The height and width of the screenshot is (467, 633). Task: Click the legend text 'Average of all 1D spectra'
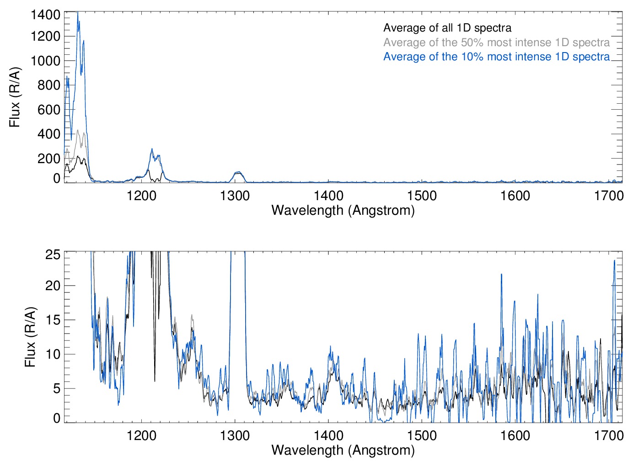pyautogui.click(x=447, y=28)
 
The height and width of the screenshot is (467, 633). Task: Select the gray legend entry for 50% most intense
pyautogui.click(x=496, y=42)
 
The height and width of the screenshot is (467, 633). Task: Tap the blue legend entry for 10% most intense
pyautogui.click(x=496, y=57)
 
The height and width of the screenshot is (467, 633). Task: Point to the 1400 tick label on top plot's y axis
pyautogui.click(x=45, y=15)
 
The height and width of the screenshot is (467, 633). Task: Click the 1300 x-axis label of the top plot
pyautogui.click(x=235, y=196)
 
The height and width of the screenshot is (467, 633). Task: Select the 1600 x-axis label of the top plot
pyautogui.click(x=515, y=196)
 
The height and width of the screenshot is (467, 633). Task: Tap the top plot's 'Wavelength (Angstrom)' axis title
pyautogui.click(x=343, y=210)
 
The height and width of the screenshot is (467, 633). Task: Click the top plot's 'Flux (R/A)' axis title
pyautogui.click(x=15, y=97)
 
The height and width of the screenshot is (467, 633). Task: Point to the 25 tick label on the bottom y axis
pyautogui.click(x=53, y=255)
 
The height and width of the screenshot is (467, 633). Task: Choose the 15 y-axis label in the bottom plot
pyautogui.click(x=53, y=320)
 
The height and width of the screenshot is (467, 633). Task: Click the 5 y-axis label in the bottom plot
pyautogui.click(x=56, y=388)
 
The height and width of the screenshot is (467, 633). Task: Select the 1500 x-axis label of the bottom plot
pyautogui.click(x=422, y=436)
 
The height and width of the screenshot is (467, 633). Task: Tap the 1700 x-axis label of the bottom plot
pyautogui.click(x=609, y=436)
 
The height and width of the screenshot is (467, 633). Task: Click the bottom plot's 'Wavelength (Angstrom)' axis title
pyautogui.click(x=343, y=450)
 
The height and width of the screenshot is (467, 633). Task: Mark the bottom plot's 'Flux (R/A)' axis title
pyautogui.click(x=30, y=337)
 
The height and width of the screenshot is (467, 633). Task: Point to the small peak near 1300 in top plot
pyautogui.click(x=237, y=173)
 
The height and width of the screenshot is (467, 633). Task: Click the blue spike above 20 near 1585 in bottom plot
pyautogui.click(x=501, y=275)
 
